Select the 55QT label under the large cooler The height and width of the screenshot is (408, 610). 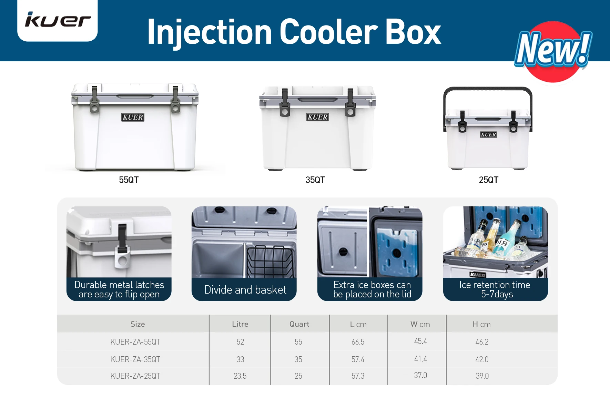point(129,180)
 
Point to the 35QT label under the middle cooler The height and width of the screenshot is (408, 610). point(315,180)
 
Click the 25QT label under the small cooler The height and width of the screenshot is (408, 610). point(488,180)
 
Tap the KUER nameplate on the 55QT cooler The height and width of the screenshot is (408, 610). point(133,117)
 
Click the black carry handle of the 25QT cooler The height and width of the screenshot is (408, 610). point(487,90)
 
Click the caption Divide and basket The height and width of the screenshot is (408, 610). point(245,290)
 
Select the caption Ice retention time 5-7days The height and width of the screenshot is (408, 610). point(495,289)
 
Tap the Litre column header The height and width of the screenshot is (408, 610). point(240,324)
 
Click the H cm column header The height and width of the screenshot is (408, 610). point(481,324)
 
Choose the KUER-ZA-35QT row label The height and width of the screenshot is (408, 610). point(135,359)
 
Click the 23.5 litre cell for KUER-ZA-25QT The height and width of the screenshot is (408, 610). point(240,376)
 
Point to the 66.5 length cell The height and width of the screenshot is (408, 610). point(358,342)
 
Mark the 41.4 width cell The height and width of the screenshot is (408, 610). point(420,359)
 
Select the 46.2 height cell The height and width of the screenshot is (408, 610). point(482,342)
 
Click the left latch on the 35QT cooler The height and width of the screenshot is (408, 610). point(285,103)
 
